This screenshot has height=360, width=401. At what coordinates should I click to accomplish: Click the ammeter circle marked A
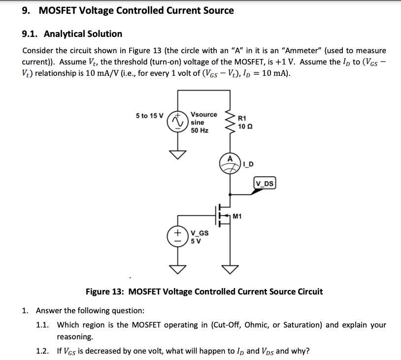pyautogui.click(x=229, y=164)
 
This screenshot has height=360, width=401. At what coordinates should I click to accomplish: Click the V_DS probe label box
pyautogui.click(x=266, y=184)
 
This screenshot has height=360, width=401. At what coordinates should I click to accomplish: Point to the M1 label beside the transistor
pyautogui.click(x=237, y=216)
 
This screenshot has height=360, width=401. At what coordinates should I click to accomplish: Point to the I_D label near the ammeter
pyautogui.click(x=248, y=164)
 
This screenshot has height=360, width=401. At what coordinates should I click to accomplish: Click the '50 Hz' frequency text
pyautogui.click(x=200, y=131)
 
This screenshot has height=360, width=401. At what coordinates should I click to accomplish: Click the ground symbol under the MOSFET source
pyautogui.click(x=229, y=268)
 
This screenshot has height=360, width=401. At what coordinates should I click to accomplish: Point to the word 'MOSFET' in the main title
pyautogui.click(x=58, y=10)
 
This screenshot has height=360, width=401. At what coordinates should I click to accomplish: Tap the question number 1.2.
pyautogui.click(x=43, y=351)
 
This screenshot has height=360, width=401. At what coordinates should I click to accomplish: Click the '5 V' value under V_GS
pyautogui.click(x=197, y=241)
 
